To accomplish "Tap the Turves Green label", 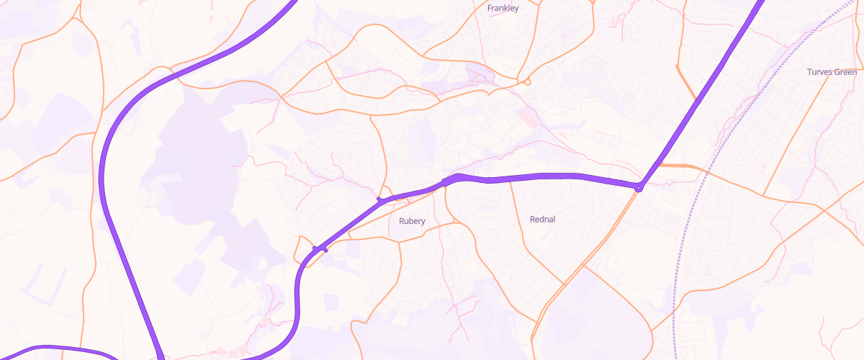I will click(x=832, y=72).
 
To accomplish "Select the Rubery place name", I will click(x=412, y=221).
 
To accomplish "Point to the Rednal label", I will click(x=542, y=219).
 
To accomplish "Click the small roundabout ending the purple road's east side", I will click(x=638, y=188).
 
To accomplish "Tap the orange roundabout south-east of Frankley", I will click(x=528, y=82).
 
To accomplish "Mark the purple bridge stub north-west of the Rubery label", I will click(x=379, y=199).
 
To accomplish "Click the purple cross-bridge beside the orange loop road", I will click(x=320, y=249).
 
